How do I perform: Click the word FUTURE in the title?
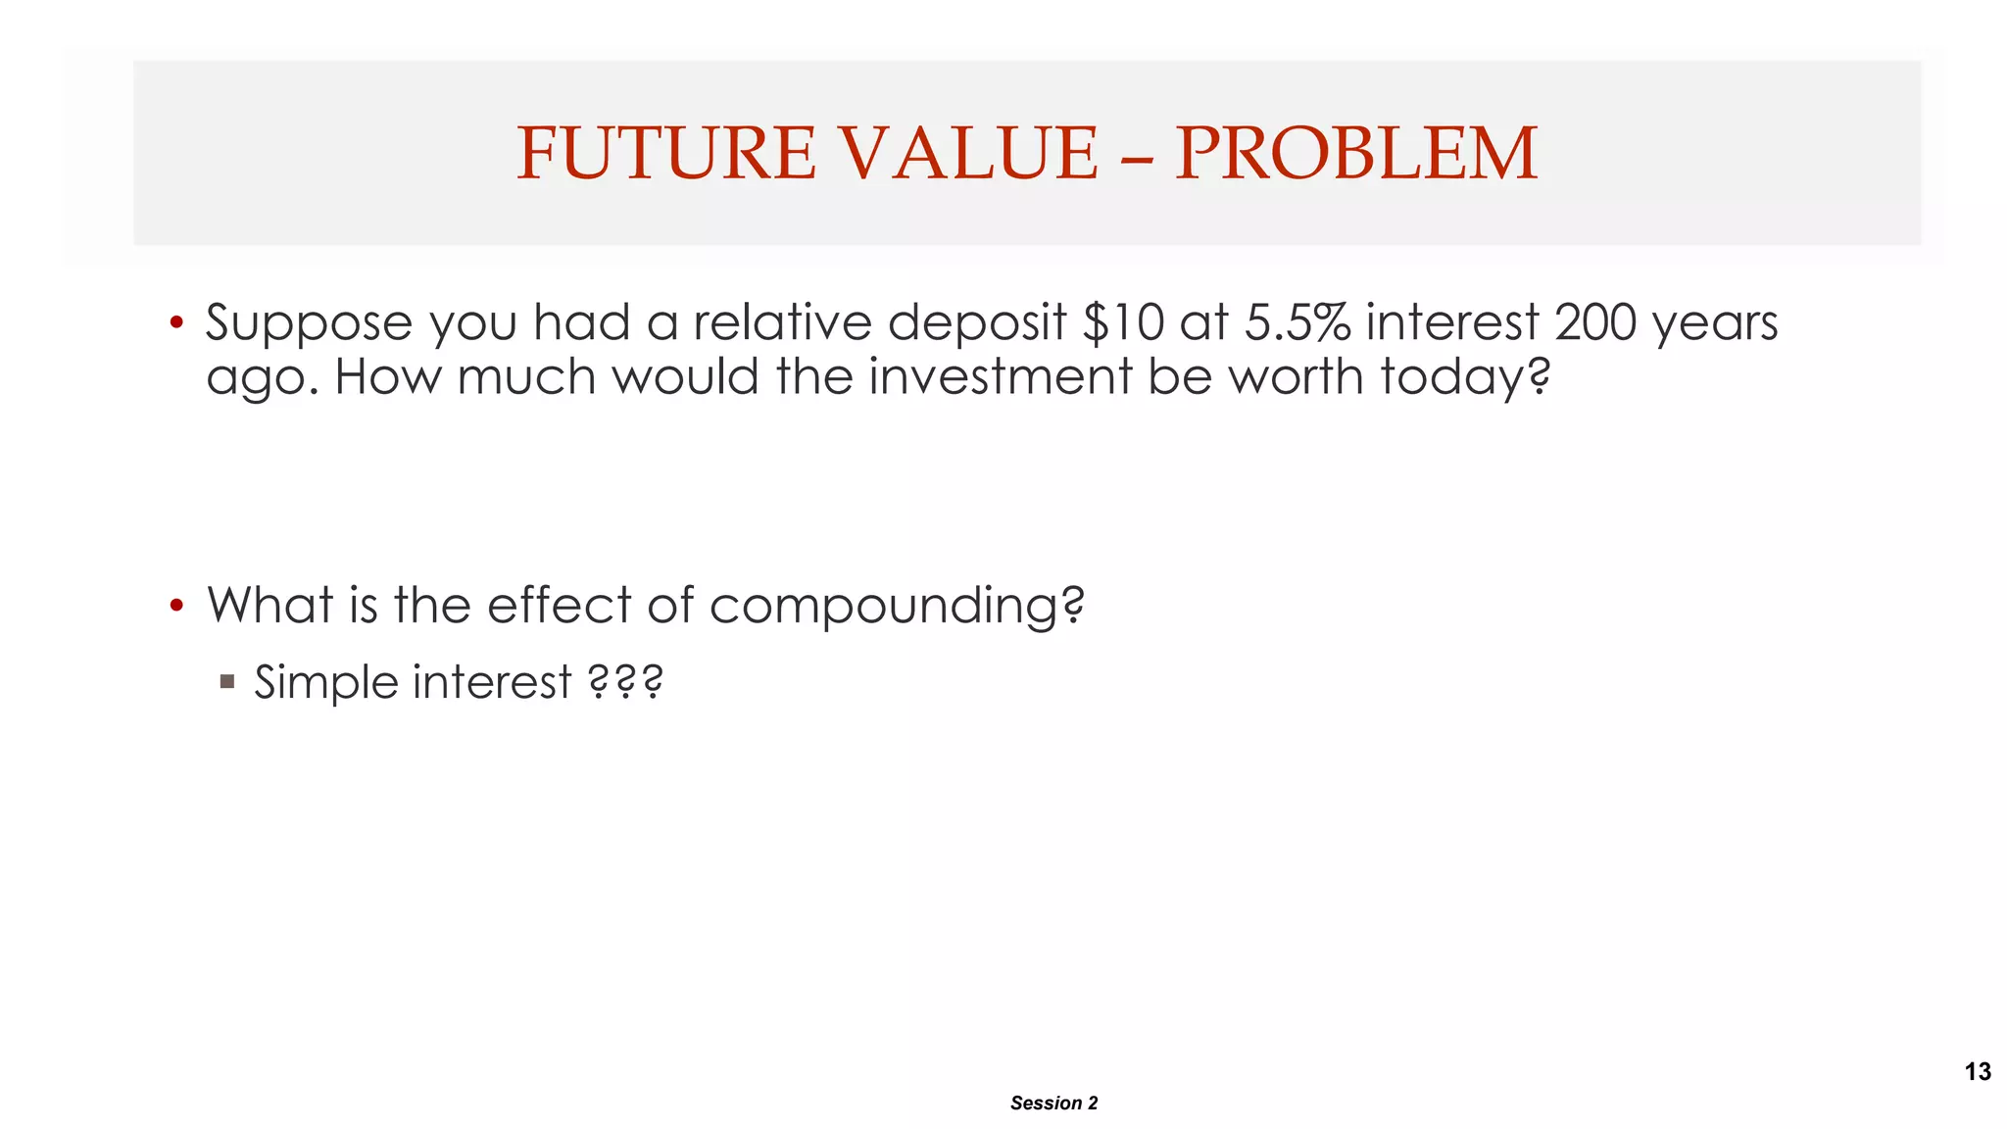coord(665,154)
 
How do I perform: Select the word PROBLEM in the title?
coord(1356,154)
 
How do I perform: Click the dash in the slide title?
coord(1137,157)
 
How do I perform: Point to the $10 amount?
coord(1123,322)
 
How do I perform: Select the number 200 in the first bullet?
coord(1595,322)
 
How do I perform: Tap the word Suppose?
coord(309,324)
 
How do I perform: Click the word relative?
coord(782,322)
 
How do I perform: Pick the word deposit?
coord(976,324)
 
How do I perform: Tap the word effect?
coord(559,605)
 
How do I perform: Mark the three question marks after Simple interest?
coord(625,682)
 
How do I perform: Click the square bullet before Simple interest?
coord(227,681)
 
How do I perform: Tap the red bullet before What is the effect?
coord(176,606)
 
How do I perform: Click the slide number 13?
coord(1978,1071)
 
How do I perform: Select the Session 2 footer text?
coord(1053,1103)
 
